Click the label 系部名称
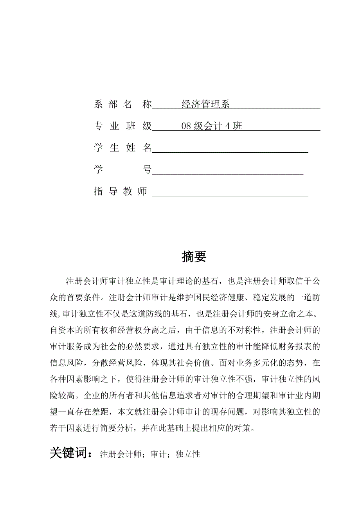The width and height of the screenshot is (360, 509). coord(122,105)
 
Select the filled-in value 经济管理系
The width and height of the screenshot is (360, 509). coord(205,105)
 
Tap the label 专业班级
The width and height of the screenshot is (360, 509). coord(122,126)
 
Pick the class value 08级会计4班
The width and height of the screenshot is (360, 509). coord(212,126)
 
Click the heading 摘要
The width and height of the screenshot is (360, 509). coord(194,257)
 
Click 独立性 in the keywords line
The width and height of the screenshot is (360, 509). coord(188,454)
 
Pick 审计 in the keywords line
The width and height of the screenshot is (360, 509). coord(158,454)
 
